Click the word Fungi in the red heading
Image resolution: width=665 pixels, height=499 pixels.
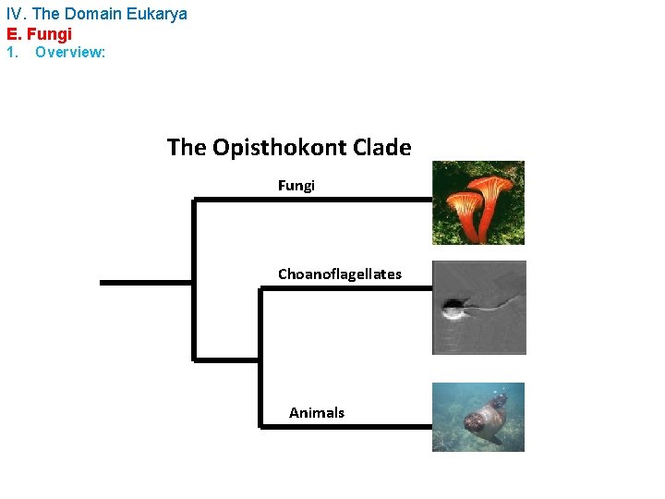52,34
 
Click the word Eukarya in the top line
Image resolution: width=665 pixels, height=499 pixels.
158,14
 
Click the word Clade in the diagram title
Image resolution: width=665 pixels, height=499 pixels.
378,147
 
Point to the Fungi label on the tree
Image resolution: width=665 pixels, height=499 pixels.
296,186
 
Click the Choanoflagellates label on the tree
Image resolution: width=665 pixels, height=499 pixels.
340,274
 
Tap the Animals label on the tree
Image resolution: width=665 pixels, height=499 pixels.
317,413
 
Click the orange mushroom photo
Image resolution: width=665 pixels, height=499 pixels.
478,202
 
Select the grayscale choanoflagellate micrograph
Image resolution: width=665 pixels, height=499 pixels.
478,308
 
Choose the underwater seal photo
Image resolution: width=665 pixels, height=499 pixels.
478,417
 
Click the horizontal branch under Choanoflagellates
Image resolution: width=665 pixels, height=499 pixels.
346,288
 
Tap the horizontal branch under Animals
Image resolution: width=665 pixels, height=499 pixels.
346,426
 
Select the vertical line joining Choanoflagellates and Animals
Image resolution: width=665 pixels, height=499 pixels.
260,357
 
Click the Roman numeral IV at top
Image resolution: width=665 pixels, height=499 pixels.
16,14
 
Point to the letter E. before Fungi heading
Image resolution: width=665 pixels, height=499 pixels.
12,34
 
